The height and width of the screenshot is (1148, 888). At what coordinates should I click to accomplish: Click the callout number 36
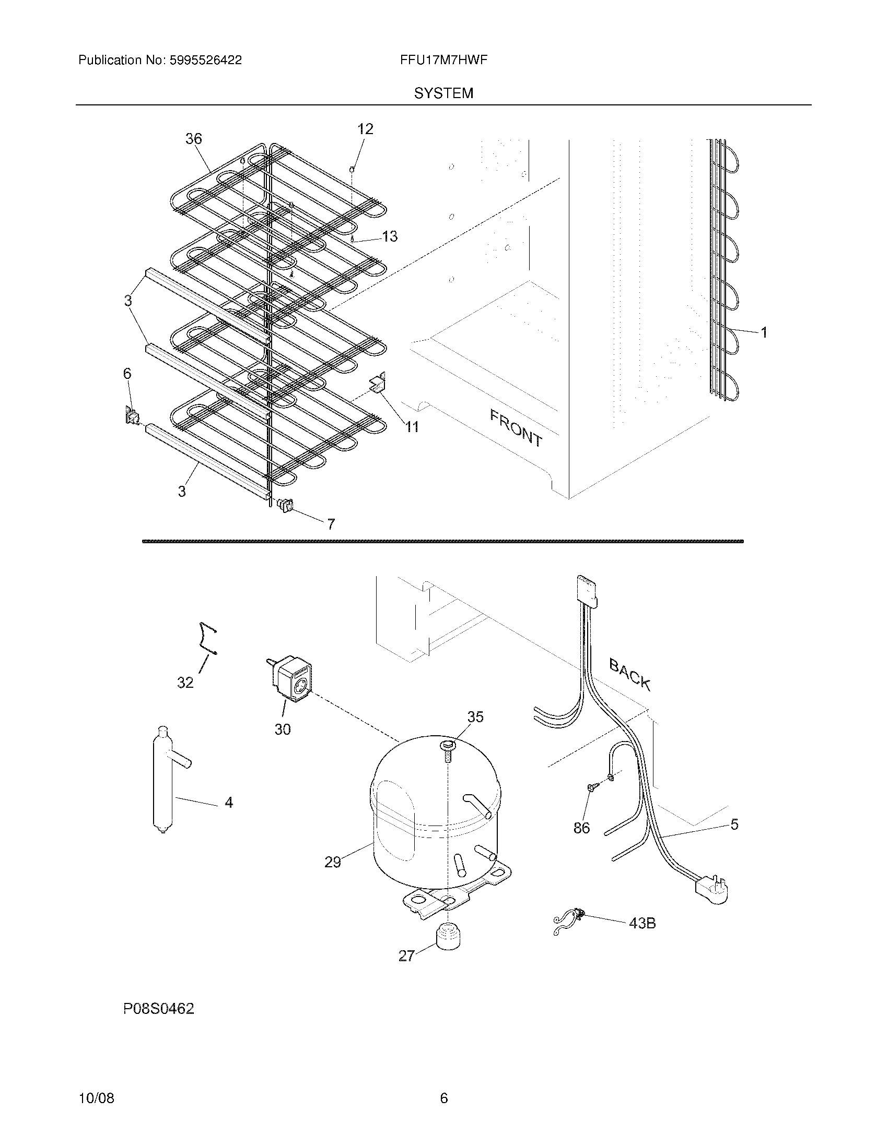[x=194, y=139]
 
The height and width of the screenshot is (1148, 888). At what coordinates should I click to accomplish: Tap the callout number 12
[x=365, y=129]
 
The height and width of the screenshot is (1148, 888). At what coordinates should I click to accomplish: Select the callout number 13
[x=390, y=236]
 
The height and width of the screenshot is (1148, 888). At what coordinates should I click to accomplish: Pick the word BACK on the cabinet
[x=630, y=674]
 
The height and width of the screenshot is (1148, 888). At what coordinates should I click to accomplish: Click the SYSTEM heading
[x=443, y=93]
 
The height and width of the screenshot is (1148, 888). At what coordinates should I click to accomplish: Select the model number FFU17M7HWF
[x=443, y=60]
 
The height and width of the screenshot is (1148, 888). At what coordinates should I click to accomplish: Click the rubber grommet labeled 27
[x=446, y=936]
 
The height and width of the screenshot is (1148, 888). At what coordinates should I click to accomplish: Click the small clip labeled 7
[x=285, y=505]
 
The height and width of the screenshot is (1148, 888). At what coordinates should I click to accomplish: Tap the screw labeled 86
[x=592, y=802]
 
